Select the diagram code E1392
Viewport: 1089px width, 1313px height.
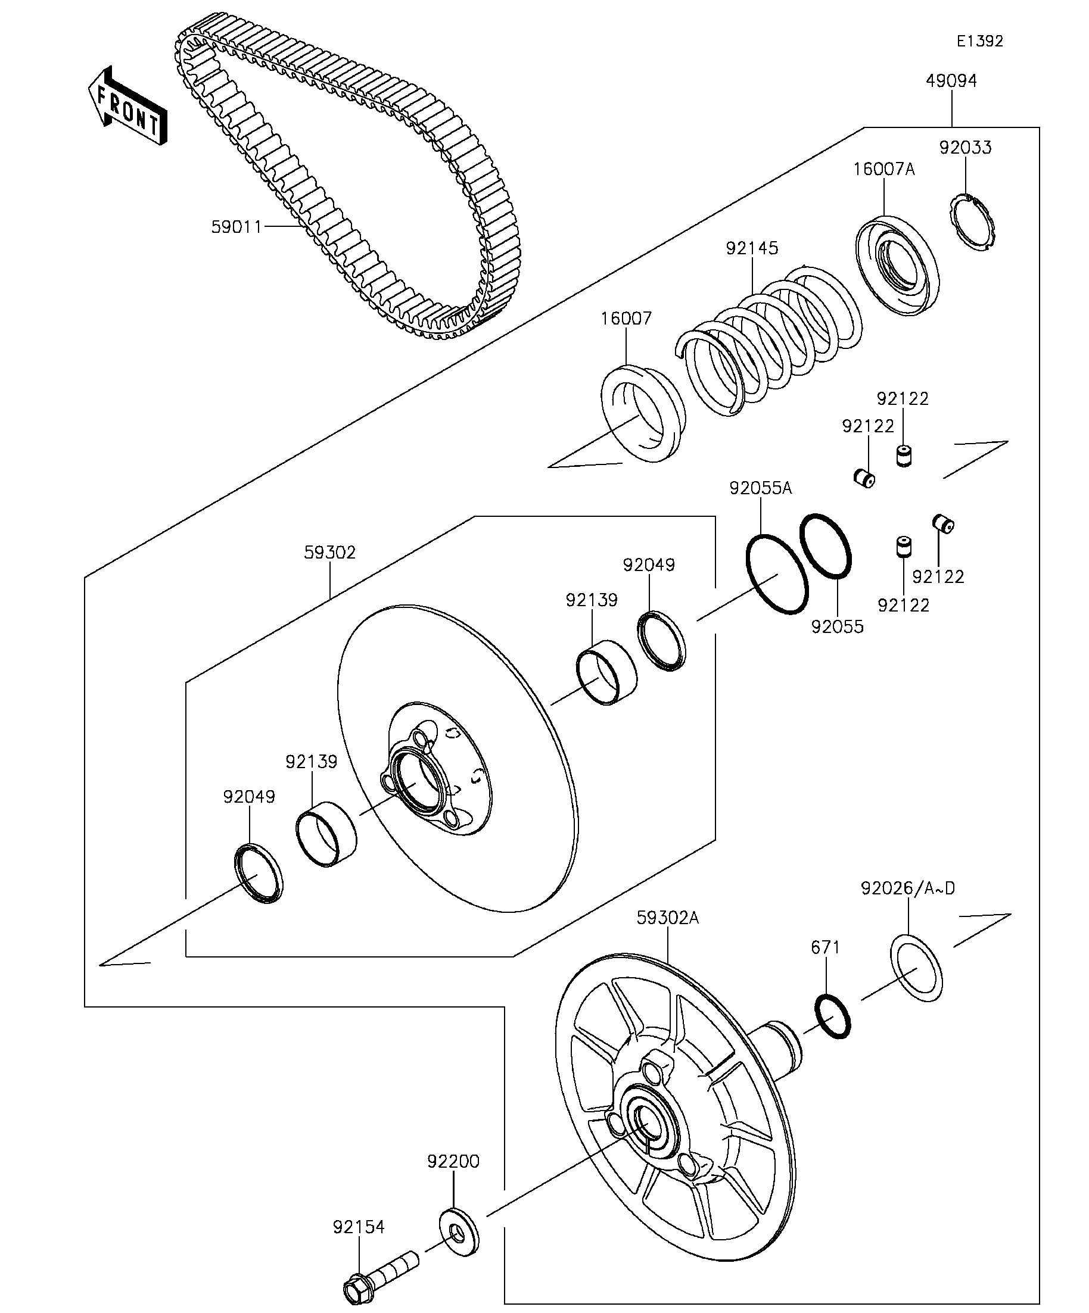tap(979, 41)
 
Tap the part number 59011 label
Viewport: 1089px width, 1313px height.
tap(236, 227)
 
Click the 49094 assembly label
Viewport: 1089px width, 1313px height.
tap(951, 80)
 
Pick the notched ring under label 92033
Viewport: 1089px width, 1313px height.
tap(973, 223)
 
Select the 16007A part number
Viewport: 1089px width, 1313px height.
tap(884, 170)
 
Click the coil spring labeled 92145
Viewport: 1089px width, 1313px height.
tap(769, 341)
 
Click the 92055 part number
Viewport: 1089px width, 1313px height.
tap(837, 626)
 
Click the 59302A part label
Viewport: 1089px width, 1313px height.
tap(667, 917)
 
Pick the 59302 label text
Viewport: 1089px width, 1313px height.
tap(329, 553)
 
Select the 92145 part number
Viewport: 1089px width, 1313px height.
tap(752, 248)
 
